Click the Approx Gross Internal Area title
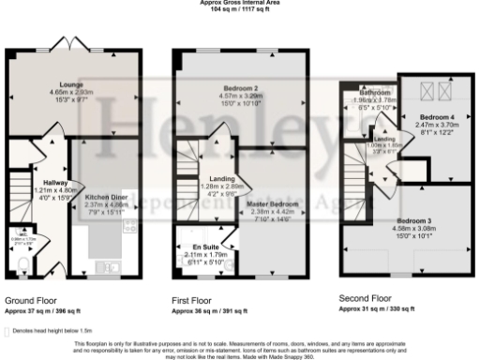click(240, 3)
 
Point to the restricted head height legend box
click(8, 331)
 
